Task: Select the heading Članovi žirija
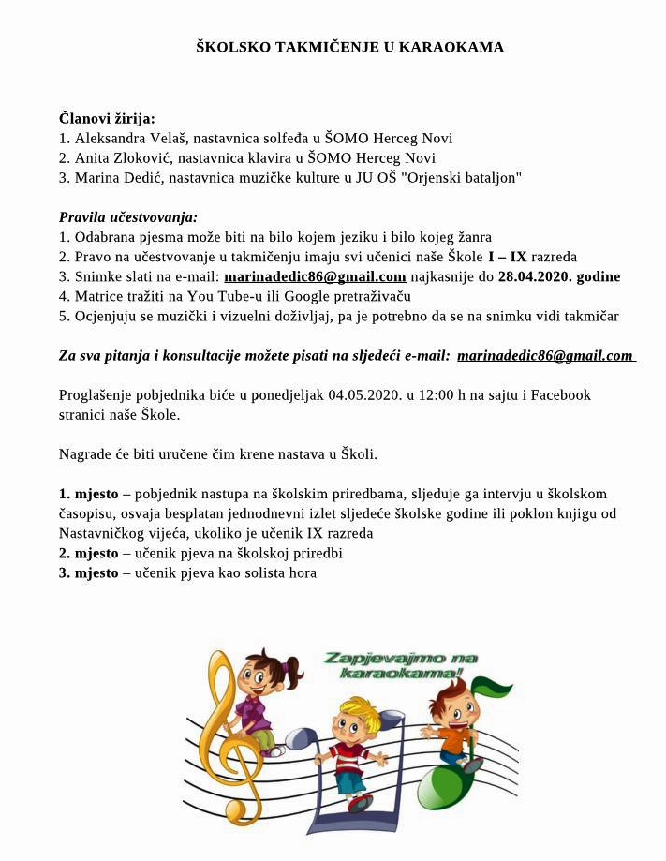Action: tap(107, 119)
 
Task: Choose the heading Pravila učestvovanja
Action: tap(128, 217)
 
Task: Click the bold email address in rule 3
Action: tap(315, 276)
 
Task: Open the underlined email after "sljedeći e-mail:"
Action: tap(545, 355)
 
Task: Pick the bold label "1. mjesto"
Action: tap(89, 494)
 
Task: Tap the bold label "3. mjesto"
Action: tap(89, 572)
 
